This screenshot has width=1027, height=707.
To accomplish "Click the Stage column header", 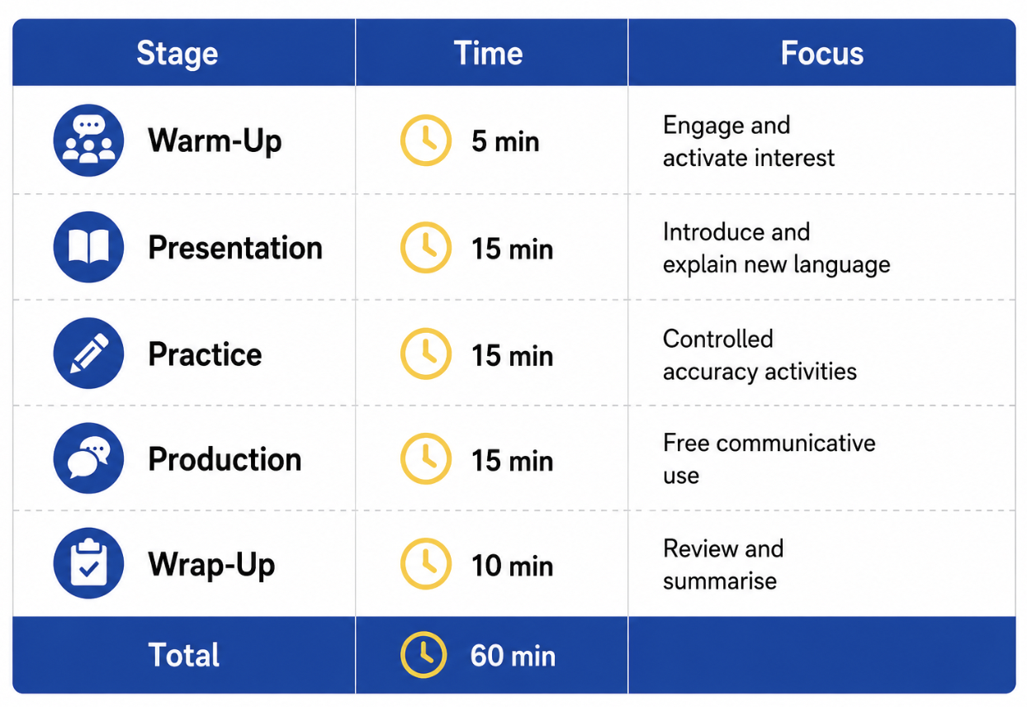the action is click(x=177, y=54).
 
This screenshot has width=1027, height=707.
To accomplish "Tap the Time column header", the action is click(x=488, y=53).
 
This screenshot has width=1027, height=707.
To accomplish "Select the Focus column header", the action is click(x=822, y=53).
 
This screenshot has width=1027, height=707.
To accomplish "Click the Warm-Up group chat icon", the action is click(x=88, y=140).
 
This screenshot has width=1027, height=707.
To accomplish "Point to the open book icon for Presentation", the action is click(x=88, y=247).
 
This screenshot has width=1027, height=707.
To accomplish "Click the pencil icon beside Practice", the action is click(x=88, y=353).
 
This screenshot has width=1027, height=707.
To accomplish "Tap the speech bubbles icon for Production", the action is click(x=88, y=458).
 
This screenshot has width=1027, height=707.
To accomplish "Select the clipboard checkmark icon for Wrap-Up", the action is click(x=88, y=563).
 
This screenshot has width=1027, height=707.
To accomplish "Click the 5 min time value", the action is click(x=505, y=141).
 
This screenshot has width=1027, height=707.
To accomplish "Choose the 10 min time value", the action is click(x=512, y=565).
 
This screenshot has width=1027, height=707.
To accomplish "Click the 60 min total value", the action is click(x=513, y=655).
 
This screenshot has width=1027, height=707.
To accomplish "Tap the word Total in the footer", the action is click(x=184, y=655).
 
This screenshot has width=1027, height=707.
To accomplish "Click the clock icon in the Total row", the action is click(x=424, y=655).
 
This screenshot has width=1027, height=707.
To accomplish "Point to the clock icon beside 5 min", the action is click(x=426, y=140).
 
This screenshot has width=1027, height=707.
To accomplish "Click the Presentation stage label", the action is click(x=235, y=248).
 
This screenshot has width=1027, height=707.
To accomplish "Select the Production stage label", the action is click(x=225, y=459).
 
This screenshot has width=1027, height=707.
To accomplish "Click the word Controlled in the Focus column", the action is click(x=718, y=339).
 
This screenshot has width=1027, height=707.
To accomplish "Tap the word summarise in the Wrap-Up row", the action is click(x=720, y=581).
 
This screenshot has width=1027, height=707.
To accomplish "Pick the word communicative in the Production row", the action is click(x=796, y=444).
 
